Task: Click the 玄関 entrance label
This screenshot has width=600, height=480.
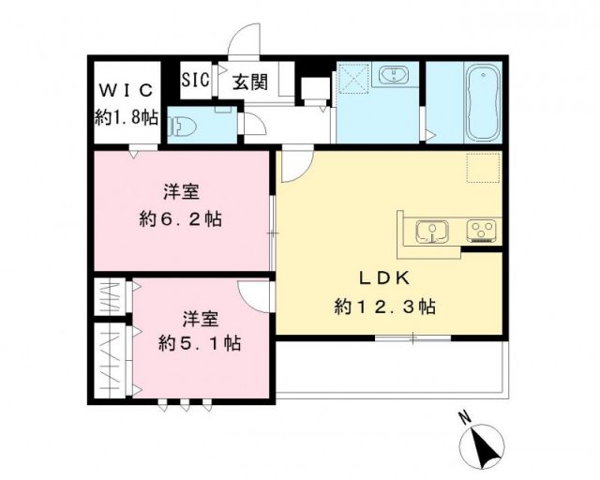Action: coord(247,82)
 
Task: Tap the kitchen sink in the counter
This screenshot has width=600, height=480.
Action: coord(429,229)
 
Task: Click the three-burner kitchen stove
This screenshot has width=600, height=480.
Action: coord(479,229)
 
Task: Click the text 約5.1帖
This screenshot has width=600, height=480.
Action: coord(199,343)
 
